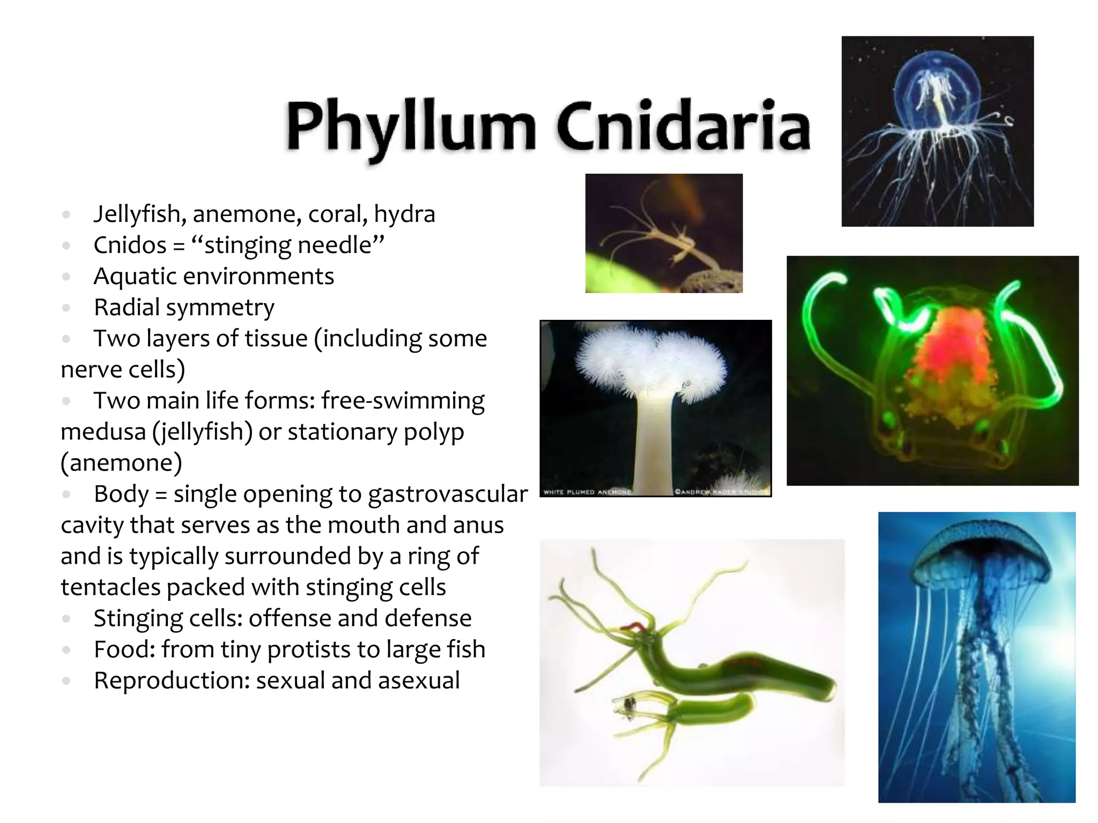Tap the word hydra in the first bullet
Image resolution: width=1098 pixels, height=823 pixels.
pyautogui.click(x=404, y=214)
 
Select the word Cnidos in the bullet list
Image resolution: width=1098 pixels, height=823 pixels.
pyautogui.click(x=130, y=245)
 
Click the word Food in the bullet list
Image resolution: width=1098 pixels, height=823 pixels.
pyautogui.click(x=124, y=649)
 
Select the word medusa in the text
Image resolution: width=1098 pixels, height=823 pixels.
pyautogui.click(x=102, y=432)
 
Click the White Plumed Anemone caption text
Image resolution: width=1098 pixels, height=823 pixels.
pyautogui.click(x=587, y=492)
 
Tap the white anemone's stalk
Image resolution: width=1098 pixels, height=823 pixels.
pyautogui.click(x=655, y=439)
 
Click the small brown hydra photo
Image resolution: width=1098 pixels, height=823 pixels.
pyautogui.click(x=664, y=233)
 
